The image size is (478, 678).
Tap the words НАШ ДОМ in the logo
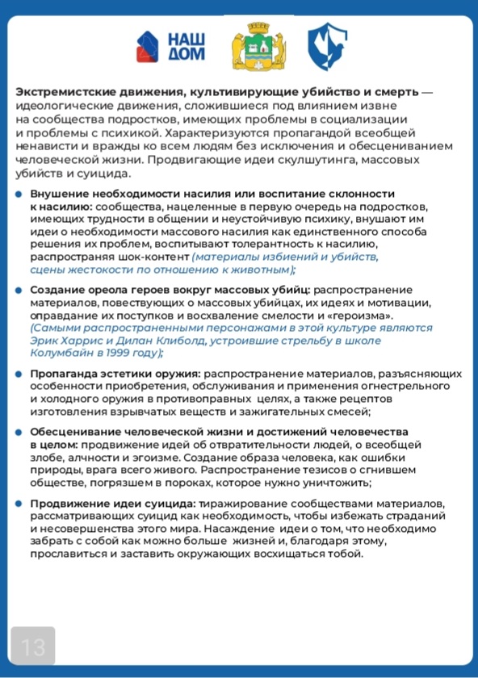(186, 47)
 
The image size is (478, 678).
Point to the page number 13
(32, 647)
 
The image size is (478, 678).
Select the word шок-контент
(157, 257)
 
